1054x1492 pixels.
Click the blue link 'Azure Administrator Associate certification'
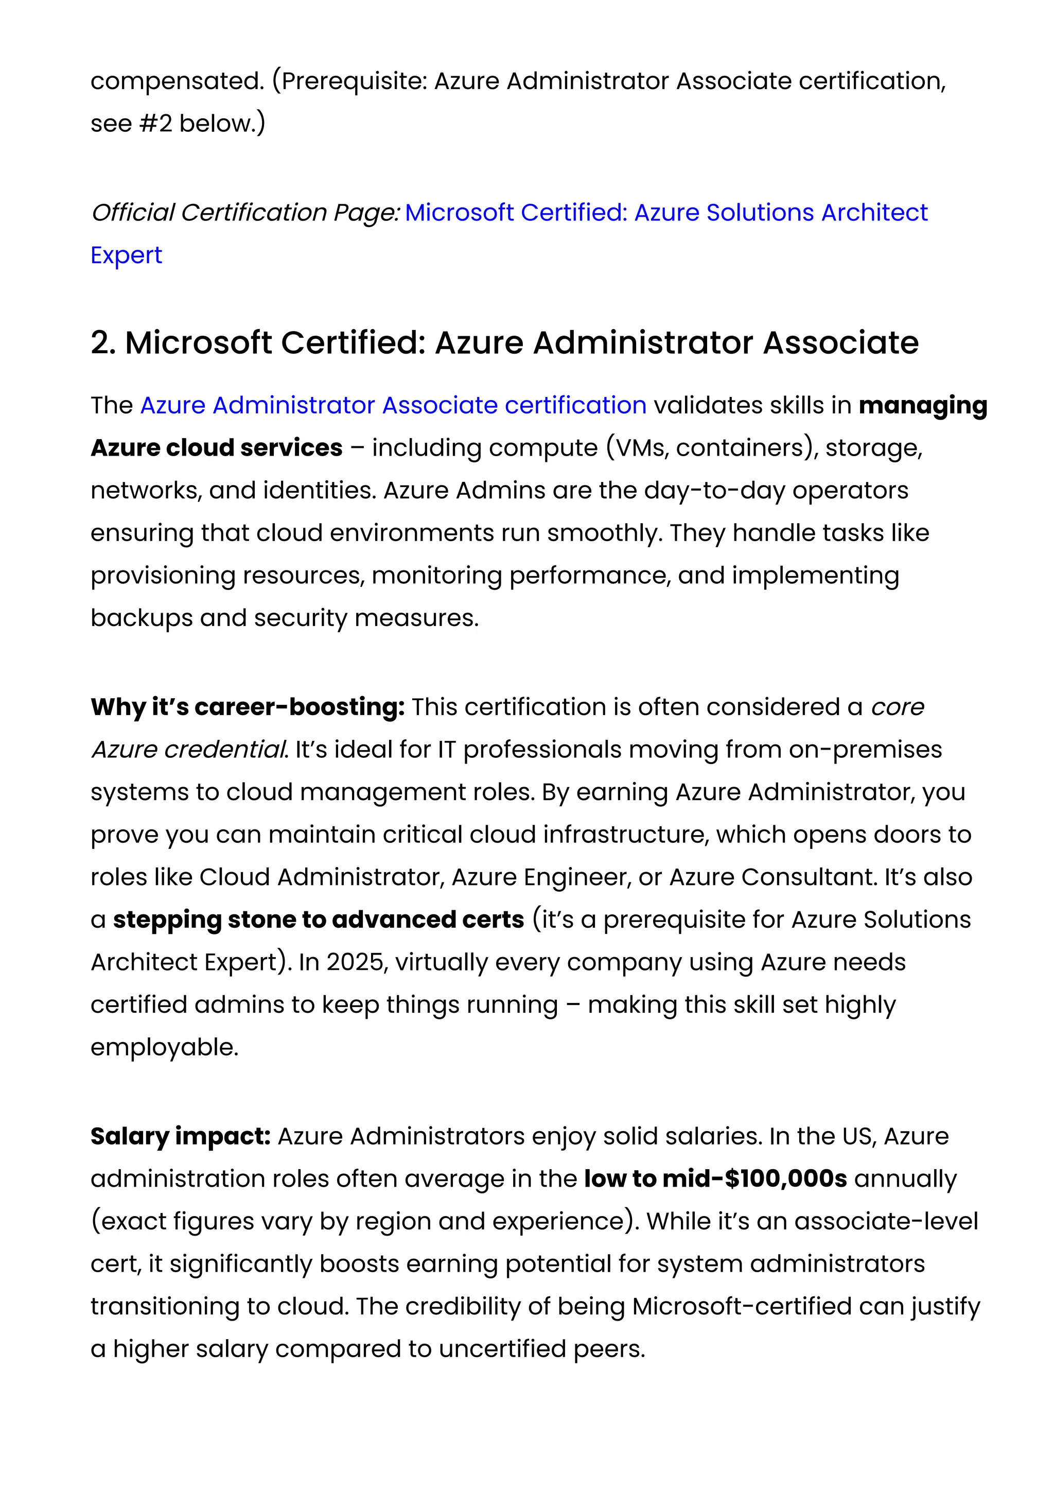click(x=393, y=406)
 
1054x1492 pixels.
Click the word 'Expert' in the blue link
click(x=126, y=255)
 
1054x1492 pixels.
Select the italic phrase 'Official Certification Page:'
click(x=245, y=213)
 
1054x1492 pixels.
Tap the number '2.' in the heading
click(x=103, y=343)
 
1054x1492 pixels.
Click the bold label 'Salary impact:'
click(x=181, y=1137)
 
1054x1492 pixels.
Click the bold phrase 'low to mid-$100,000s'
click(x=715, y=1179)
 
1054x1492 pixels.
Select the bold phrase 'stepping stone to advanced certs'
click(x=318, y=920)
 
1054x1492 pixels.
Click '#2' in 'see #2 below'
click(x=155, y=124)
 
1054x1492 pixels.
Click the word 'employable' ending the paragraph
click(x=164, y=1048)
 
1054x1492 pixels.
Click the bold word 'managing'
click(x=922, y=406)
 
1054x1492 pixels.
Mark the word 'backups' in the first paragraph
click(x=141, y=618)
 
